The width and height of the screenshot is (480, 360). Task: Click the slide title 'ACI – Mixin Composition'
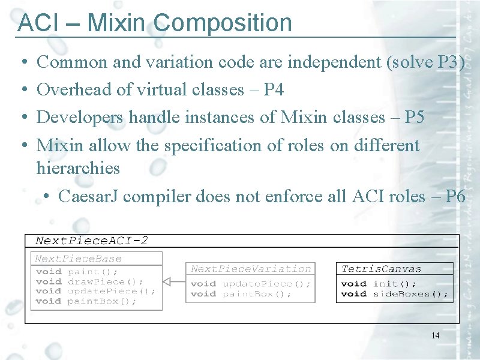pos(155,23)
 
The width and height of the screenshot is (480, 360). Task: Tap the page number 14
pos(435,335)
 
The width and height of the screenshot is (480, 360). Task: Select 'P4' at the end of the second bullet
pos(274,89)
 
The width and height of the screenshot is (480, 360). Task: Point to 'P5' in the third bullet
pos(414,117)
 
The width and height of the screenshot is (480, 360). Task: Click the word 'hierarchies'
pos(78,168)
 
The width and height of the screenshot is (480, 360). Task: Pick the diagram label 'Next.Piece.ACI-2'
pos(92,241)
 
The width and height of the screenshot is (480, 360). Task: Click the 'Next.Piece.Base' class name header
pos(78,259)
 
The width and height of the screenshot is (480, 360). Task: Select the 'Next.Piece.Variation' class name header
pos(251,269)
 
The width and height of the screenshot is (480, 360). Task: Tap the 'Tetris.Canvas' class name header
pos(381,269)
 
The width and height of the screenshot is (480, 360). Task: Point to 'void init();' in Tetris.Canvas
pos(379,283)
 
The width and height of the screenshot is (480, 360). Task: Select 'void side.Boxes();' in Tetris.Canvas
pos(394,293)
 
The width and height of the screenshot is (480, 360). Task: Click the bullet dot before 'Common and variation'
pos(22,62)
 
